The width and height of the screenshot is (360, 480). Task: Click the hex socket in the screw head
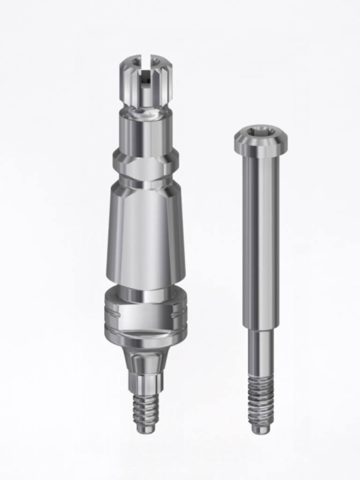point(261,132)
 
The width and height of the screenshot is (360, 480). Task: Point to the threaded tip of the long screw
point(261,401)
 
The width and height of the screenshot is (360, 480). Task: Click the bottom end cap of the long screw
point(261,429)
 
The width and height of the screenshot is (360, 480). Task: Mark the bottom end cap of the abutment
point(146,428)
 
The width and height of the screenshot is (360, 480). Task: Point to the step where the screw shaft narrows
point(261,329)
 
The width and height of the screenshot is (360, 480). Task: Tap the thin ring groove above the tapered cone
point(146,180)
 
